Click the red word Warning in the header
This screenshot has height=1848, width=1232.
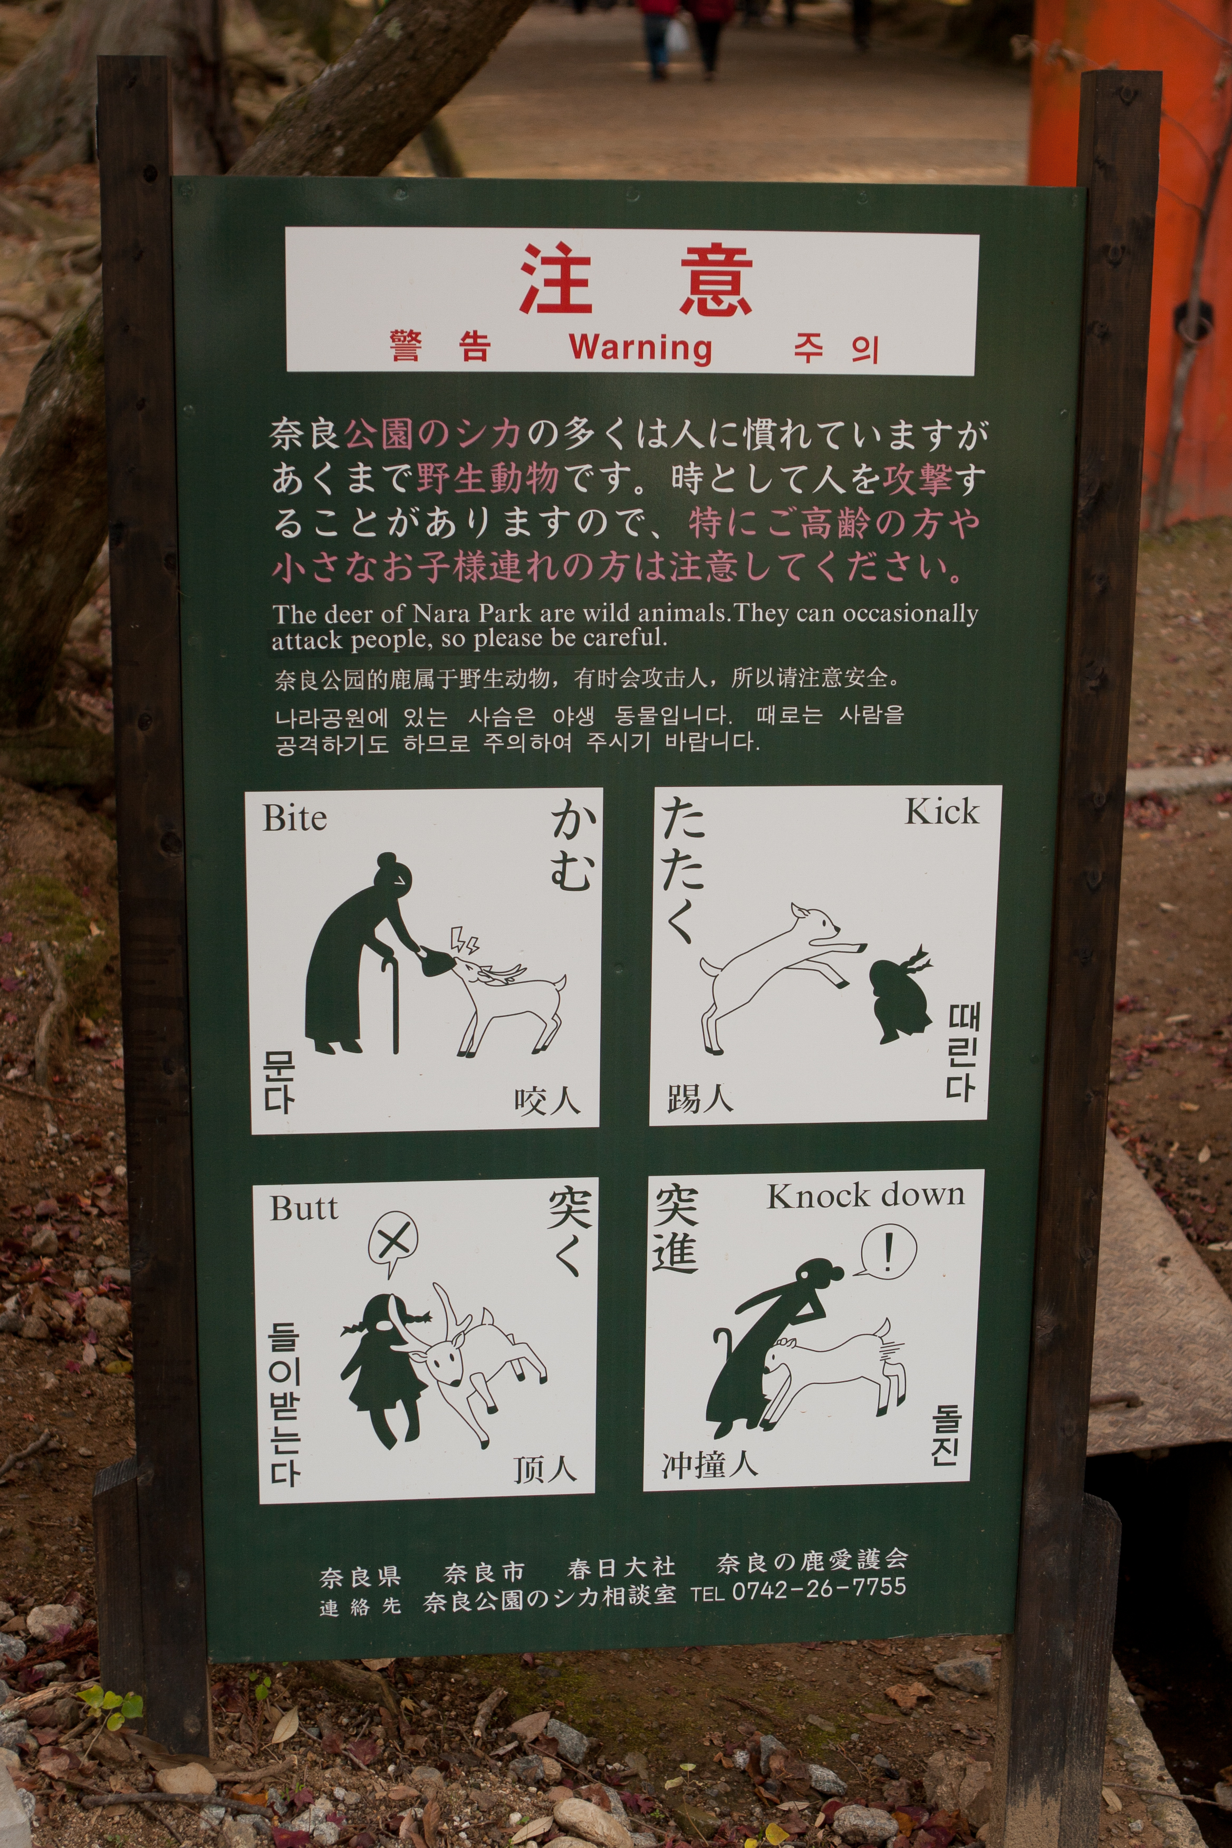(x=640, y=346)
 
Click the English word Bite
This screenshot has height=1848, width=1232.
(x=295, y=818)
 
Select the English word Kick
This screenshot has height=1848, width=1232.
(x=942, y=812)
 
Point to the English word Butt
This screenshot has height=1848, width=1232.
(x=304, y=1208)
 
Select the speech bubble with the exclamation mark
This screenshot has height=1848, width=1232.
(x=885, y=1251)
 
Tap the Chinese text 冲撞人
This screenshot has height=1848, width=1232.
(x=709, y=1464)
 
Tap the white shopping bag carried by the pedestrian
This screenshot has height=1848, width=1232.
(x=677, y=35)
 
